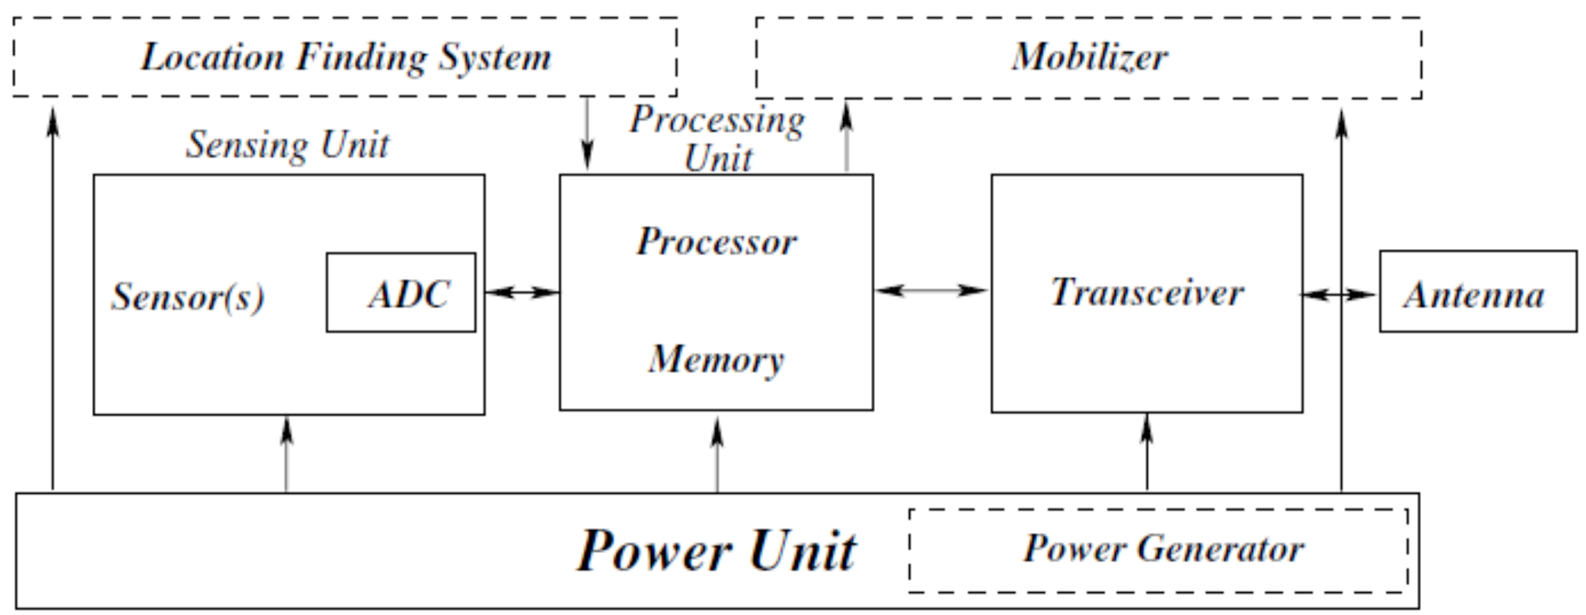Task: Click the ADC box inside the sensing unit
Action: pyautogui.click(x=401, y=293)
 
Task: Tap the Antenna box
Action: pyautogui.click(x=1478, y=292)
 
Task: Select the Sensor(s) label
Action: pyautogui.click(x=188, y=296)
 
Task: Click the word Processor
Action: pyautogui.click(x=716, y=241)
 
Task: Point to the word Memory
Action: pyautogui.click(x=716, y=359)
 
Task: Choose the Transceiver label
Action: pyautogui.click(x=1146, y=292)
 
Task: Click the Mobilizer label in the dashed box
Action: pyautogui.click(x=1089, y=57)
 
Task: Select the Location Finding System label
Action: pyautogui.click(x=345, y=57)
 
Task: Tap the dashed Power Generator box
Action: pyautogui.click(x=1158, y=550)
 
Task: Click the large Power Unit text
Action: pyautogui.click(x=716, y=551)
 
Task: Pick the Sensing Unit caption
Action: pyautogui.click(x=288, y=145)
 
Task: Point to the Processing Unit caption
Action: pyautogui.click(x=717, y=138)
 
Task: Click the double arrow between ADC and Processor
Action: pyautogui.click(x=522, y=292)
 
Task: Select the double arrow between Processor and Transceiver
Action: pyautogui.click(x=931, y=290)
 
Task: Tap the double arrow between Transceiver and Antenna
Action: pyautogui.click(x=1338, y=294)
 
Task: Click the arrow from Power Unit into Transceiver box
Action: pyautogui.click(x=1147, y=452)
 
